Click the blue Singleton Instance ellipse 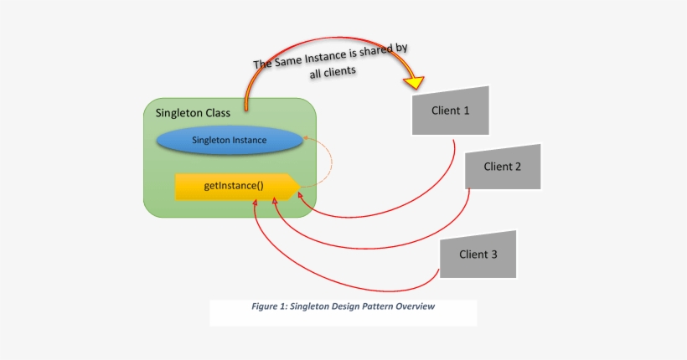point(229,141)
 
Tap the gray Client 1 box point(450,110)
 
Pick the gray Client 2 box point(503,166)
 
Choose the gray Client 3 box point(478,254)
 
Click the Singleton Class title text point(194,113)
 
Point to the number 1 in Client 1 point(467,110)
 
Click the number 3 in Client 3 point(494,254)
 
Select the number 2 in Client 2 point(519,166)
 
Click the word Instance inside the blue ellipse point(250,141)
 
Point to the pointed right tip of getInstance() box point(299,187)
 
